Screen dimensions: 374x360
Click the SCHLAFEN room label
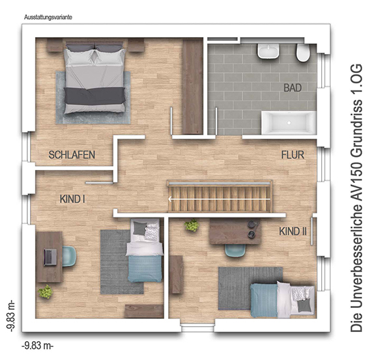(72, 155)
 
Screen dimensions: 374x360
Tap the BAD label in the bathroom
(293, 88)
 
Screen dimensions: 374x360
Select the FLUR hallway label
(293, 155)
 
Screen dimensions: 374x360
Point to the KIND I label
(72, 199)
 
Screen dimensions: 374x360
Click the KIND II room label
(293, 231)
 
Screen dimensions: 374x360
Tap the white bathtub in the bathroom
(289, 122)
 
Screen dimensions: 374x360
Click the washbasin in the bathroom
(268, 51)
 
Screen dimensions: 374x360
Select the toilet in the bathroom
(303, 53)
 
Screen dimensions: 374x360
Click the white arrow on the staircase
(220, 199)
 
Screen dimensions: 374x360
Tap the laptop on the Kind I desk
(50, 257)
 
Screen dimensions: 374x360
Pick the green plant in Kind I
(46, 292)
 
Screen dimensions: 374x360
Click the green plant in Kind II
(192, 225)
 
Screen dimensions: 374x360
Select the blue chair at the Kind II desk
(235, 251)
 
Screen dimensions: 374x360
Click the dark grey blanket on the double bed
(94, 96)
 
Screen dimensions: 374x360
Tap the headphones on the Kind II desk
(253, 229)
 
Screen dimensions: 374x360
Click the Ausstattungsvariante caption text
(48, 18)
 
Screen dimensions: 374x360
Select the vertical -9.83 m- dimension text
(11, 316)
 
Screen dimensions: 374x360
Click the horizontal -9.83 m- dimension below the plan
(38, 345)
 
